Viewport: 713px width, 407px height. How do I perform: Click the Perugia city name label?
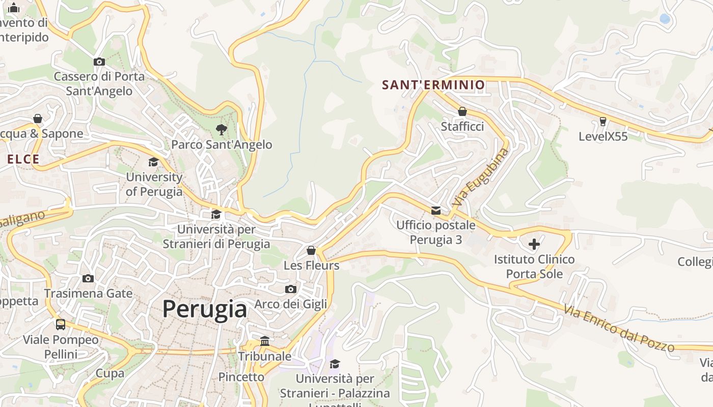(x=205, y=309)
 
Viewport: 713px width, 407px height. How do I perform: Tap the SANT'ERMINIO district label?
(x=433, y=85)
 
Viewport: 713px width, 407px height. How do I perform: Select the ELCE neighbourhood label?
(x=23, y=159)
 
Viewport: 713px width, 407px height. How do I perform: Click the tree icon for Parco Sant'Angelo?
(x=221, y=130)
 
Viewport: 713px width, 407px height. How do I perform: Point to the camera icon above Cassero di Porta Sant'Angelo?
(x=99, y=62)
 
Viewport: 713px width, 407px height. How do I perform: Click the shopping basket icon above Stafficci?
(x=462, y=111)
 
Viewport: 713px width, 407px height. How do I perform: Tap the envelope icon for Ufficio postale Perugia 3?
(x=436, y=211)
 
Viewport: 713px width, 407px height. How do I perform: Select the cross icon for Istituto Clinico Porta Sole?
(x=534, y=245)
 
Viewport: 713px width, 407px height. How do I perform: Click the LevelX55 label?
(x=603, y=136)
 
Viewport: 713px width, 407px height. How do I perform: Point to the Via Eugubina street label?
(x=480, y=177)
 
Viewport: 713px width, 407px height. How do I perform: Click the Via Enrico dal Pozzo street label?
(x=619, y=329)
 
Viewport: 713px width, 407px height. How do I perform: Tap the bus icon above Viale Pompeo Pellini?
(x=61, y=325)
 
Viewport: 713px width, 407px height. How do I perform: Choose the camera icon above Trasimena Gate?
(x=88, y=279)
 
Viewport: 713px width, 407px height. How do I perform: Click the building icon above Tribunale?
(x=265, y=341)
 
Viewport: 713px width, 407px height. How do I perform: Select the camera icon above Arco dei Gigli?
(x=291, y=289)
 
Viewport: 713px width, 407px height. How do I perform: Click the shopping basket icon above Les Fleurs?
(x=311, y=251)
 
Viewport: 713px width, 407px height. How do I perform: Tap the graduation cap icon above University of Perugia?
(x=153, y=162)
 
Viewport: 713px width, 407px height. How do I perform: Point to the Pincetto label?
(x=241, y=377)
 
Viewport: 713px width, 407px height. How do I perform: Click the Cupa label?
(x=110, y=373)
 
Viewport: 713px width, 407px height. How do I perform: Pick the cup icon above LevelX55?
(x=603, y=122)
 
